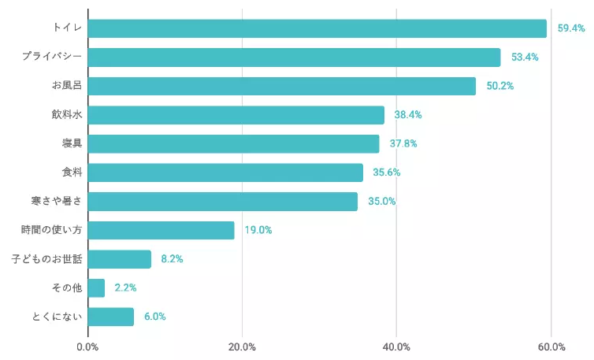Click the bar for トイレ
coord(317,28)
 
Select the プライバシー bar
coord(294,58)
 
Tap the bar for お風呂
coord(281,86)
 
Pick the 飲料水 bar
coord(236,115)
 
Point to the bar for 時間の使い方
coord(161,230)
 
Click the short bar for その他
coord(96,288)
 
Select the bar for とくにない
coord(111,317)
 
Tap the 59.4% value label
coord(571,28)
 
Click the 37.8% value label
coord(403,143)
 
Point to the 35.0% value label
coord(381,201)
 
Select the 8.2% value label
coord(172,258)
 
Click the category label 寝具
coord(72,143)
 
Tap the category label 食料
coord(72,173)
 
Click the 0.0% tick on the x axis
coord(87,347)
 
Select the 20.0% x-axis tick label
coord(242,347)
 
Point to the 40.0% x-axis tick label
coord(396,347)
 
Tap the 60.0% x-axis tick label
coord(551,347)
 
